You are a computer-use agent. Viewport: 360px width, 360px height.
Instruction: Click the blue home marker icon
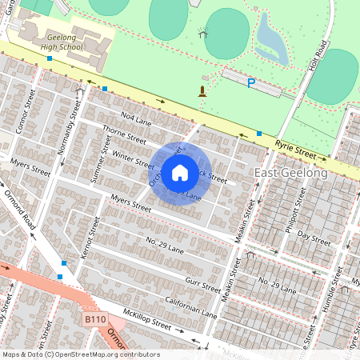click(x=180, y=173)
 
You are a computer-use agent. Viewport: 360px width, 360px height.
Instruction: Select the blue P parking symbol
click(x=251, y=83)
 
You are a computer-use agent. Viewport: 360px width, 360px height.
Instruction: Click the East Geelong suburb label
click(x=290, y=174)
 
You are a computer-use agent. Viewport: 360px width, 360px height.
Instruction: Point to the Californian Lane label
click(x=191, y=306)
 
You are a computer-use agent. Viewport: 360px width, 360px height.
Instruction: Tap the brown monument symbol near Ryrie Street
click(x=202, y=90)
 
